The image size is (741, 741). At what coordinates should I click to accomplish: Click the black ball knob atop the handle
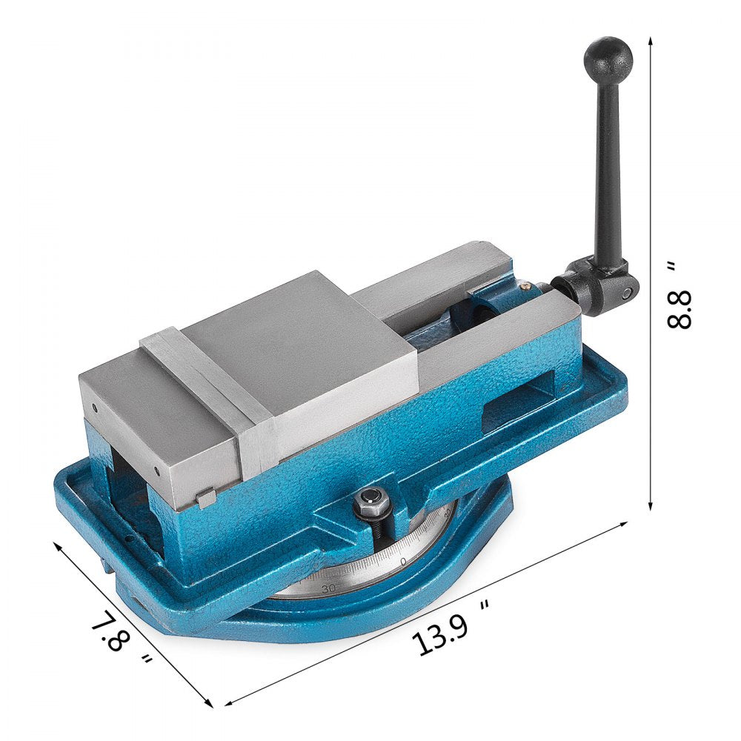[608, 56]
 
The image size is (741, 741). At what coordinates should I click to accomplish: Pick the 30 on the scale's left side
[329, 587]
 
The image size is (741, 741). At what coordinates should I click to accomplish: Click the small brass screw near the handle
[525, 282]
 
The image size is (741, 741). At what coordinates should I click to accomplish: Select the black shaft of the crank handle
[609, 163]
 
